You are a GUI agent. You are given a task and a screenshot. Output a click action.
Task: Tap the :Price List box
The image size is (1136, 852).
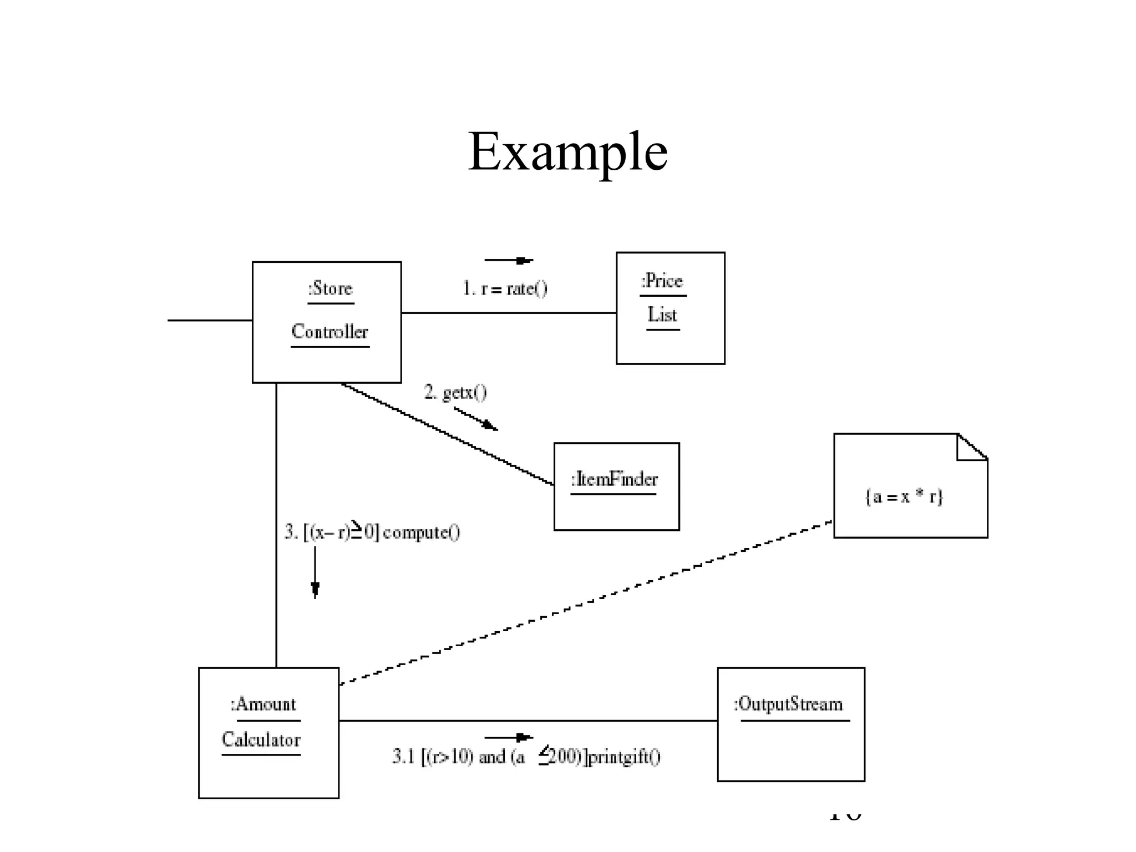click(670, 344)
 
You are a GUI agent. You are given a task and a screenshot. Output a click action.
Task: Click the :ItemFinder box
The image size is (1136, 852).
click(616, 510)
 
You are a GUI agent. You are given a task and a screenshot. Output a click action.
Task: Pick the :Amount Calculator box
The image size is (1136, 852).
click(268, 777)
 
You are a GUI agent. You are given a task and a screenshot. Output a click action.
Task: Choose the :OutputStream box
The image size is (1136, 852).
click(790, 749)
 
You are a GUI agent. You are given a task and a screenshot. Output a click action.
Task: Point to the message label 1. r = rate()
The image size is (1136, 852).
click(505, 288)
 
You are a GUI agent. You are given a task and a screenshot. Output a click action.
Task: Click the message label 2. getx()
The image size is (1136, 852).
click(455, 392)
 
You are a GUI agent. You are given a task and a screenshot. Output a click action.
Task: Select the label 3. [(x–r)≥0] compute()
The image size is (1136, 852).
click(372, 532)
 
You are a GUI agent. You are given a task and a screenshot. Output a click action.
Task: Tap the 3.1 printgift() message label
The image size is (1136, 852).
click(526, 757)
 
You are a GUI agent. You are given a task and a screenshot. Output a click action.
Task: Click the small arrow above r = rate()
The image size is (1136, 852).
click(508, 260)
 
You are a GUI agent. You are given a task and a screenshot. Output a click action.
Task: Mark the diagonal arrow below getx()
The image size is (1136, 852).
click(476, 419)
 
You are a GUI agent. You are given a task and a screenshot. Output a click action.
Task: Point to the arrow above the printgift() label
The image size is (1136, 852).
click(508, 737)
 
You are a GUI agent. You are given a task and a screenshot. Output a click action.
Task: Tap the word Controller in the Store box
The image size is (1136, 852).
click(329, 332)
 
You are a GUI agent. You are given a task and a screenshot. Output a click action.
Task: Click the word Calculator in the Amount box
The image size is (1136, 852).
click(261, 740)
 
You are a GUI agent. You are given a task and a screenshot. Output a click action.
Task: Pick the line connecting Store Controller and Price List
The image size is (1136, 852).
click(508, 313)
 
